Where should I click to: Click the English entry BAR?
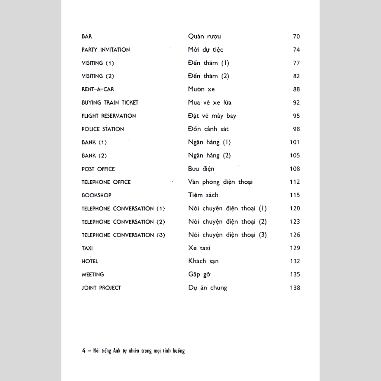click(x=87, y=36)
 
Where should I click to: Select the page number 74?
click(x=296, y=50)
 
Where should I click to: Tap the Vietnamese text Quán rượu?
click(x=204, y=37)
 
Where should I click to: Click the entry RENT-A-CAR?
click(x=98, y=89)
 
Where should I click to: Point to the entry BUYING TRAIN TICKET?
click(x=110, y=102)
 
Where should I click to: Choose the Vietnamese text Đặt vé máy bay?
click(x=212, y=116)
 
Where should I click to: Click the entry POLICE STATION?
click(x=103, y=129)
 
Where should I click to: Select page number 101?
click(x=295, y=142)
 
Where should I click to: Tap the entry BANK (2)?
click(x=94, y=156)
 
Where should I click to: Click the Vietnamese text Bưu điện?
click(x=201, y=169)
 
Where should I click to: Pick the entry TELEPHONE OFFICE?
click(x=106, y=182)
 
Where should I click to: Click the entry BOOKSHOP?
click(x=97, y=196)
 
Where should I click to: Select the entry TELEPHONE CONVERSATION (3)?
click(x=123, y=235)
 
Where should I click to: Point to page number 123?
click(x=295, y=221)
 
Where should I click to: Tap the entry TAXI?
click(x=87, y=248)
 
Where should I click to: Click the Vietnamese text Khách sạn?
click(x=203, y=261)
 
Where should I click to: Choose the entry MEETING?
click(x=93, y=274)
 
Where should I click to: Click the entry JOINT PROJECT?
click(x=101, y=288)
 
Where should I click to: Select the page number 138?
click(x=295, y=288)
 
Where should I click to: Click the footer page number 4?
click(x=84, y=351)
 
